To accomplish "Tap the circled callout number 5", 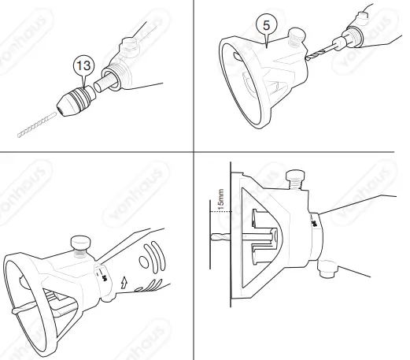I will [x=268, y=25].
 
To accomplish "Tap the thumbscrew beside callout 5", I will [x=297, y=36].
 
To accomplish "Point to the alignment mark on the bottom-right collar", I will [x=313, y=224].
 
